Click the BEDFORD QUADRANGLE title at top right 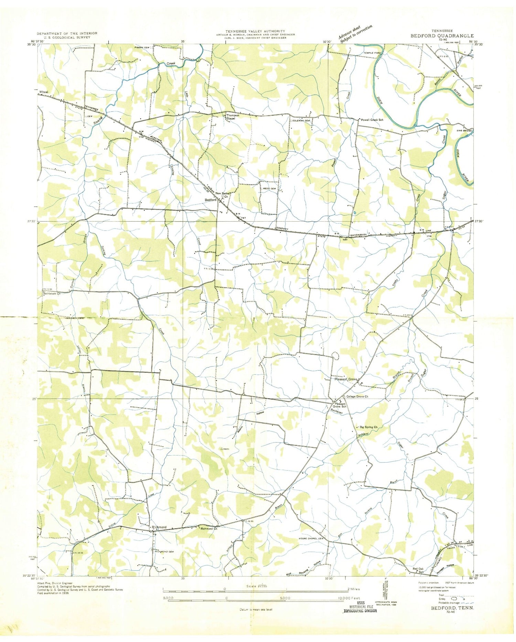(442, 36)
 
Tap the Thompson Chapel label (233, 117)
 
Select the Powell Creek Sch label (372, 120)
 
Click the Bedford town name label (210, 200)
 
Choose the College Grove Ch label (357, 397)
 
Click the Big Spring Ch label (368, 427)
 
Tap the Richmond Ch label (209, 529)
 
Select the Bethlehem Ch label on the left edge (52, 294)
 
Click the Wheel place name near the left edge (44, 92)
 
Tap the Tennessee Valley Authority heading (255, 31)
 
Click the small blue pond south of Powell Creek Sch (354, 213)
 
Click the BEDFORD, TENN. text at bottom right (452, 608)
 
